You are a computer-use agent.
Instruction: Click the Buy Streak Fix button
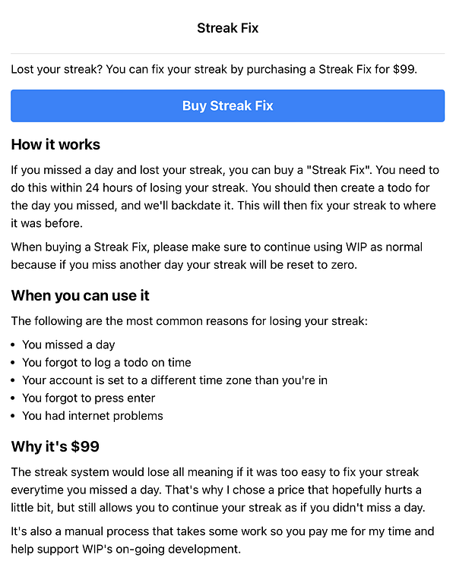tap(227, 105)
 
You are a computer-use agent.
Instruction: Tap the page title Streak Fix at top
tap(227, 28)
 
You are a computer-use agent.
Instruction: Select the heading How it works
tap(55, 144)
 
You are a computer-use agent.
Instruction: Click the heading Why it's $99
tap(55, 446)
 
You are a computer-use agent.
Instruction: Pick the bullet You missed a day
tap(68, 345)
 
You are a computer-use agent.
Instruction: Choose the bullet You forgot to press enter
tap(88, 398)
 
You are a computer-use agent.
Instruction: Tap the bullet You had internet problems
tap(92, 415)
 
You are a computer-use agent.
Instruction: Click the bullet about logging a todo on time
tap(106, 362)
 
